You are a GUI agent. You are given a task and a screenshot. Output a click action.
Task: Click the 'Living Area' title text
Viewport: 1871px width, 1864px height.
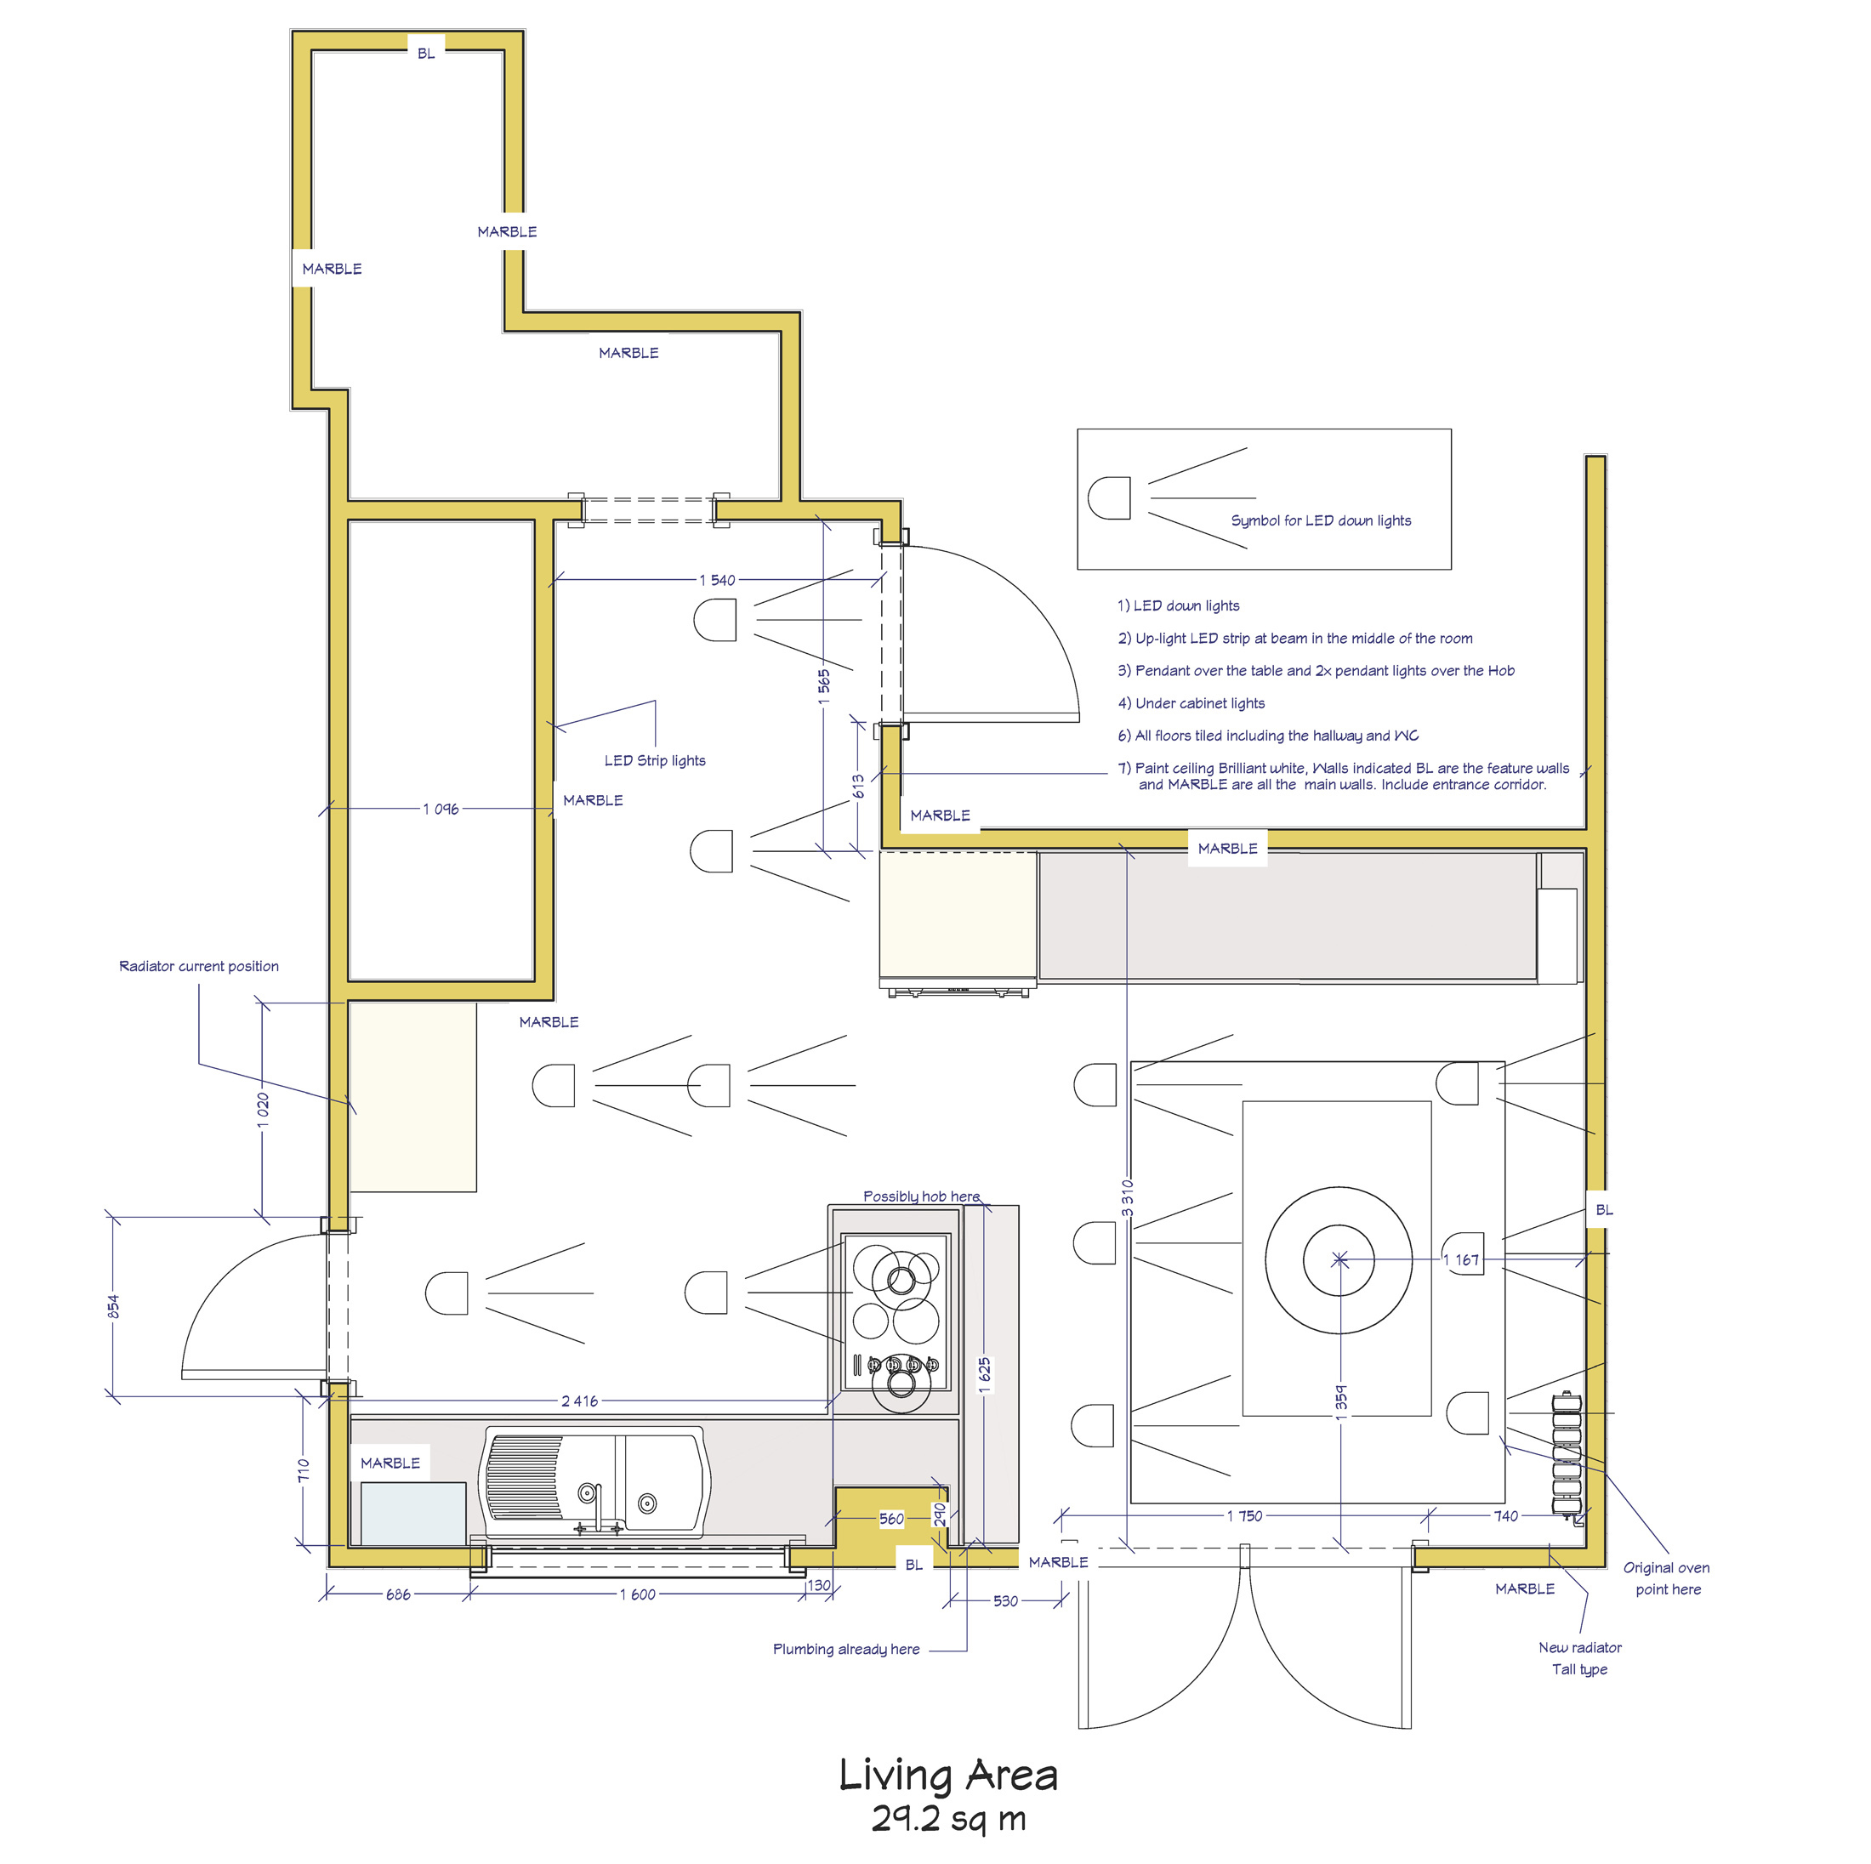[x=947, y=1776]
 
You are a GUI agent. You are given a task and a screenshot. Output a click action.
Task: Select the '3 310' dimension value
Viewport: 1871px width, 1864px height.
[x=1127, y=1198]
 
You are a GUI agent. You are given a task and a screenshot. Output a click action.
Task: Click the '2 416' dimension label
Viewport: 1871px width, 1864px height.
[x=579, y=1401]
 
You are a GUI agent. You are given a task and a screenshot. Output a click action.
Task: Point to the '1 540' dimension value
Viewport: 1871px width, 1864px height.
[x=718, y=580]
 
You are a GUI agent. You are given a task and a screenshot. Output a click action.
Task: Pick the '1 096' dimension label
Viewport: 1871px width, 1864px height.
[x=441, y=809]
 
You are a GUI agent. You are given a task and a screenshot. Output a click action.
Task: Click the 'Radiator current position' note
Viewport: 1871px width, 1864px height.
[x=198, y=966]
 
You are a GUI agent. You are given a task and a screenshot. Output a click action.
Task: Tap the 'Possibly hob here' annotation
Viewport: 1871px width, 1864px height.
[x=921, y=1196]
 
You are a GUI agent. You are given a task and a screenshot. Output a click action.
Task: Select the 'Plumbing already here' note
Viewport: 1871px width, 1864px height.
[x=845, y=1649]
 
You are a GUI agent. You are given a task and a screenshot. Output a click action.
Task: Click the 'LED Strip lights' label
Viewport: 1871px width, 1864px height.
[x=655, y=760]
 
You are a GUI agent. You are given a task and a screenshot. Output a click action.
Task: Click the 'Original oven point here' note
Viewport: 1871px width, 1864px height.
[x=1667, y=1578]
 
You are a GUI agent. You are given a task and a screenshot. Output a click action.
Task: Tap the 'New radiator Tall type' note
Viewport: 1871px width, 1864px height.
[x=1579, y=1657]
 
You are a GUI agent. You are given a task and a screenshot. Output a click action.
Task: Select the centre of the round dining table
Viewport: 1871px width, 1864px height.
[x=1339, y=1259]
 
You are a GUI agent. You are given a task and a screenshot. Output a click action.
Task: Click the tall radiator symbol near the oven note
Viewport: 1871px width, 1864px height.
[x=1566, y=1453]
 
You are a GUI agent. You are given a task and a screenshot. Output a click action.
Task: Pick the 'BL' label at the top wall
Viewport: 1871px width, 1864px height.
[x=426, y=54]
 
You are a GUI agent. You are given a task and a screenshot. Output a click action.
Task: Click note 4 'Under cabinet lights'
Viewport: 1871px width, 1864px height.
[x=1191, y=703]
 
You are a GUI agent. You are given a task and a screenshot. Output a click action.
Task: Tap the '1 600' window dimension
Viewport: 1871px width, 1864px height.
[x=637, y=1594]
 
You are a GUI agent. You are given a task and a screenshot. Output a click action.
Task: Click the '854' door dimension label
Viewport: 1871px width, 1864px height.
[x=113, y=1306]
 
